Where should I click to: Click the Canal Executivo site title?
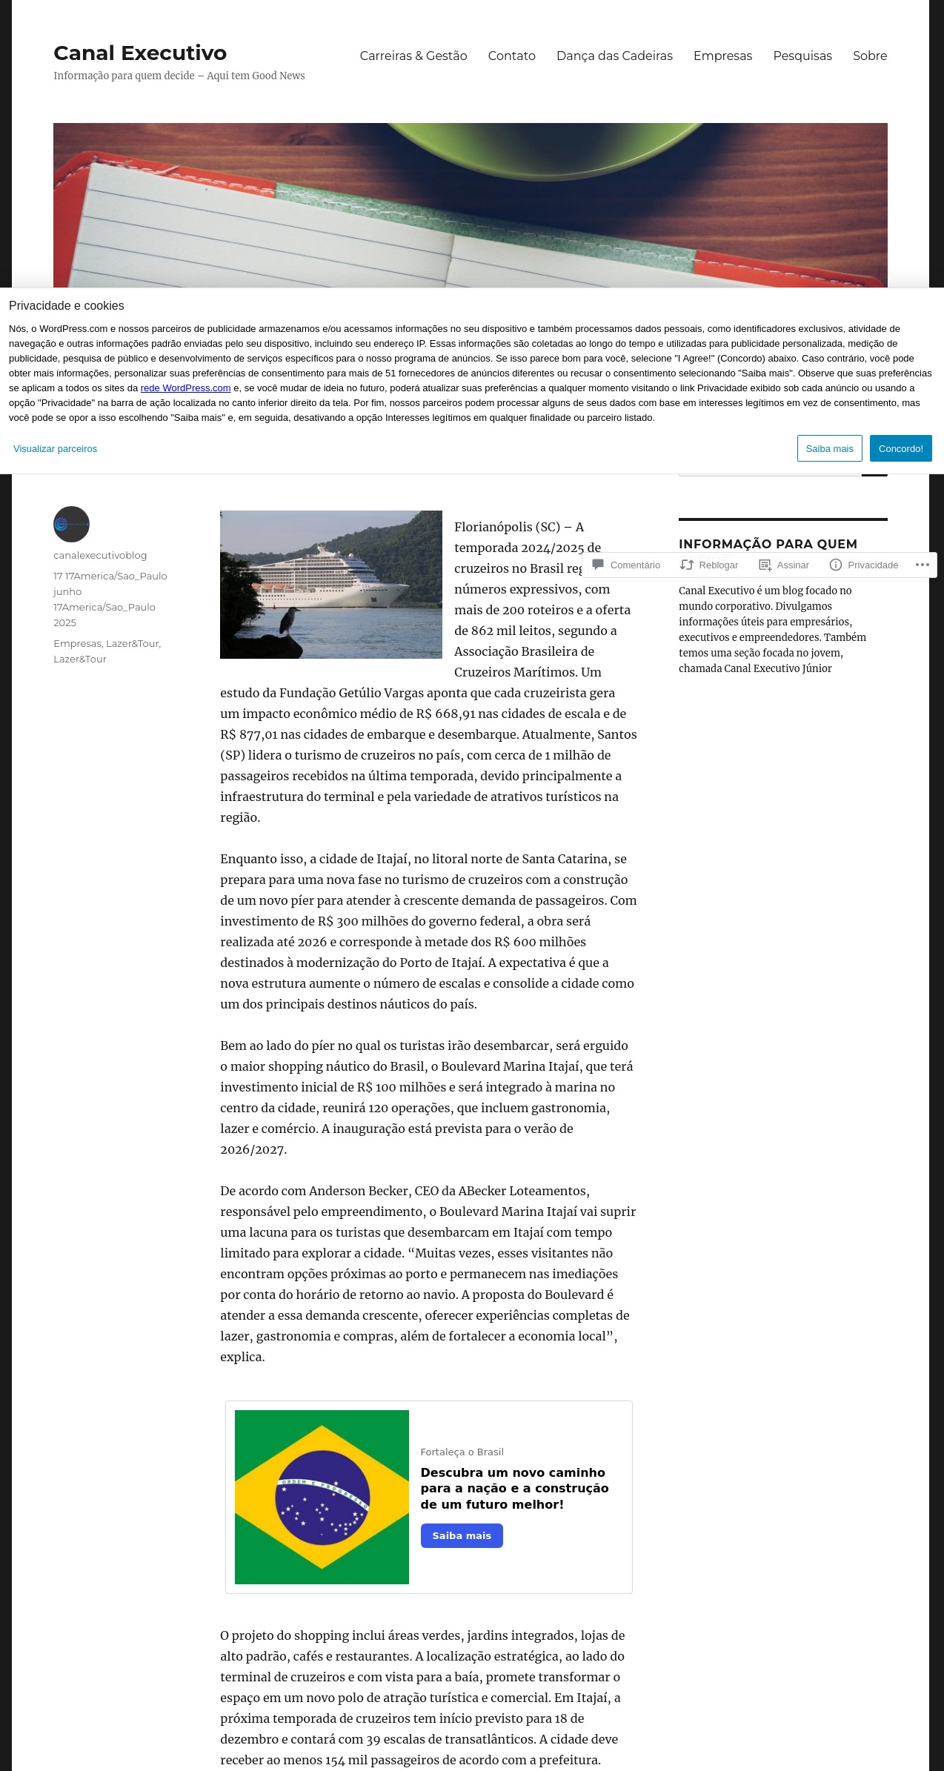coord(140,53)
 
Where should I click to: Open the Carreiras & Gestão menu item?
coord(413,56)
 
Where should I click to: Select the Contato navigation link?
coord(511,56)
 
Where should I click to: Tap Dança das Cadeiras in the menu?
coord(614,56)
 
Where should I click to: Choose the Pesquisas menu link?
coord(802,56)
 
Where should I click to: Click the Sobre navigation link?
coord(869,56)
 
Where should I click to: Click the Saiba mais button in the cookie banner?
coord(829,448)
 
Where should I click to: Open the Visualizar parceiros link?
coord(55,448)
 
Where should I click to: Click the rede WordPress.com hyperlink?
coord(185,388)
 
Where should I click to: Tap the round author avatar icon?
coord(71,524)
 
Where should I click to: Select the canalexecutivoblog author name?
coord(100,555)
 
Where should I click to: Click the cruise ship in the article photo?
coord(330,577)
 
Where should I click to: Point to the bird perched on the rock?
coord(286,621)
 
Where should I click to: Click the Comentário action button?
coord(627,565)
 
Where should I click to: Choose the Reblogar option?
coord(710,565)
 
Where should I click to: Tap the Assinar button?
coord(785,565)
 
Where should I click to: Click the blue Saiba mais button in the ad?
coord(462,1535)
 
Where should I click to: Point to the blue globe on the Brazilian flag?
coord(322,1497)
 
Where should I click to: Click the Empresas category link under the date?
coord(77,643)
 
